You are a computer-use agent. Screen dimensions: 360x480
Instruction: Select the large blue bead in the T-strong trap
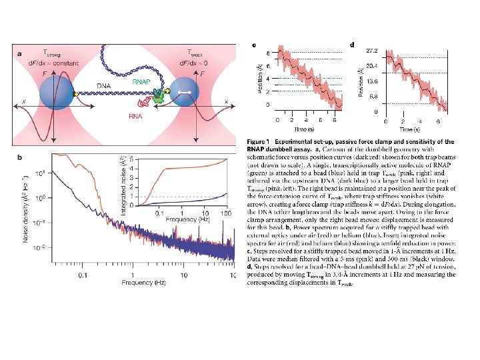click(x=57, y=92)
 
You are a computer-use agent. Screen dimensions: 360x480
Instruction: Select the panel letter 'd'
click(x=352, y=45)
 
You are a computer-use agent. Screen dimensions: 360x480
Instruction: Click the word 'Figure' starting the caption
click(x=258, y=142)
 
